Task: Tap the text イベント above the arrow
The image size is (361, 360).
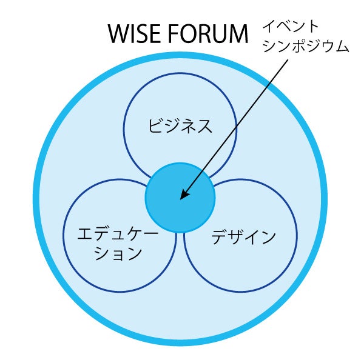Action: point(289,27)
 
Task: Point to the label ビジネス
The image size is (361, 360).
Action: point(180,126)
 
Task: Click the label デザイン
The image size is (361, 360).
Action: point(243,238)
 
